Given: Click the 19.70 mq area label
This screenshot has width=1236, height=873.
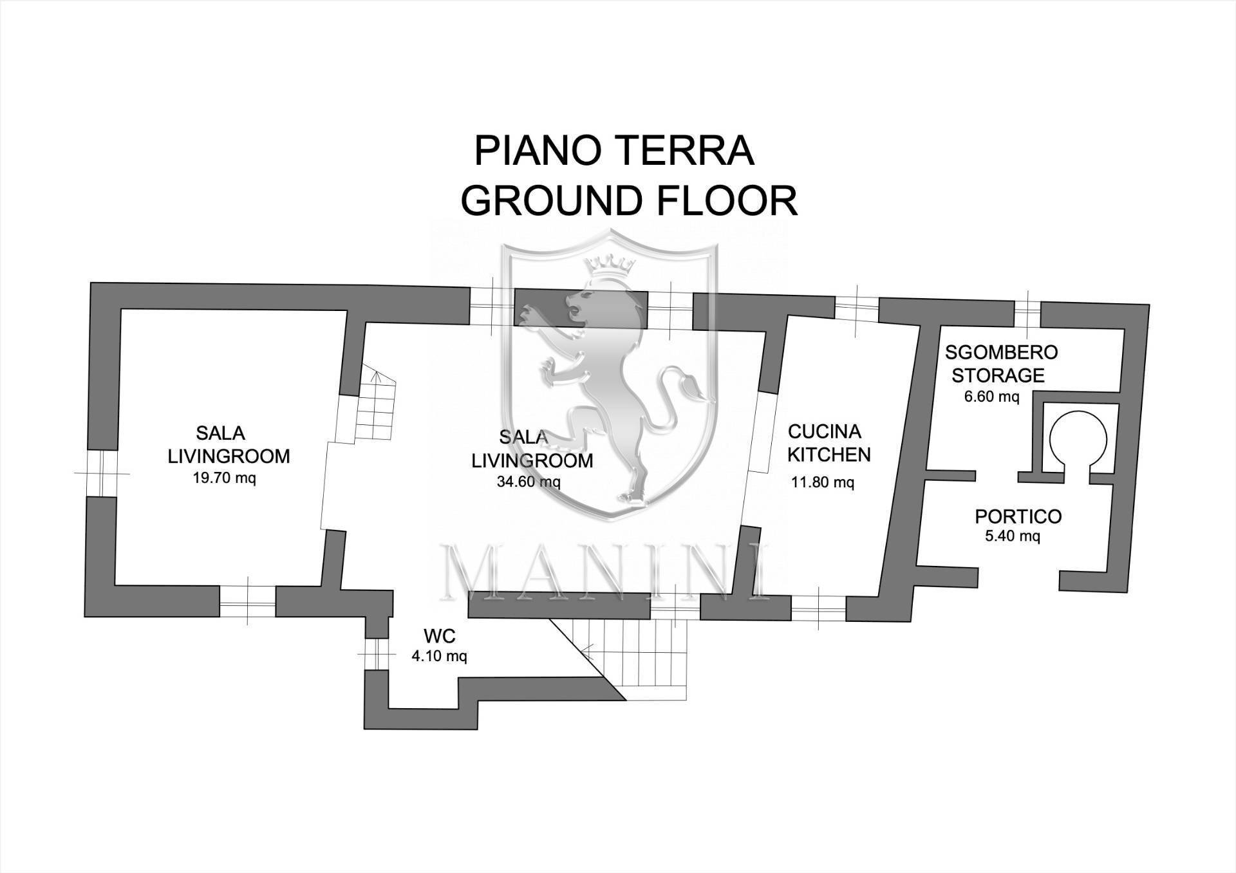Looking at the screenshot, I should click(224, 478).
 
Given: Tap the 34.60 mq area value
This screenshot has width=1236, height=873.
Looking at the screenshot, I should click(529, 482).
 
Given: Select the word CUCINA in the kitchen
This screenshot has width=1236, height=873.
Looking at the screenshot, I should click(824, 431).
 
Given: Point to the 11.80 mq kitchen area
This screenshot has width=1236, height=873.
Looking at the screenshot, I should click(822, 482).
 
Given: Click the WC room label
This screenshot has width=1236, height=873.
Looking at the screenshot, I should click(440, 637).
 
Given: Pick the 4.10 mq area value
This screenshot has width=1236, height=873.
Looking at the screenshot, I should click(439, 657).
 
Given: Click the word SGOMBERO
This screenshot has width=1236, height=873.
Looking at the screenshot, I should click(1001, 352).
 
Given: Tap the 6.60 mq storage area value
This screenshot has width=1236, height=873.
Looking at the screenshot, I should click(991, 397).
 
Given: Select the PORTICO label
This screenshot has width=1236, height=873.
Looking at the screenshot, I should click(1018, 516).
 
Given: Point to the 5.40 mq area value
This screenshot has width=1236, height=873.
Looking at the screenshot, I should click(1012, 536).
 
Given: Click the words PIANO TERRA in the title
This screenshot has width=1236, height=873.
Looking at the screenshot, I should click(614, 151).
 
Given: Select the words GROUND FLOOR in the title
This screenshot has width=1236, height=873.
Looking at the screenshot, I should click(629, 200).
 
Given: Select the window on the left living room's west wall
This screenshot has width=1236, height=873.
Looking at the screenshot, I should click(101, 473).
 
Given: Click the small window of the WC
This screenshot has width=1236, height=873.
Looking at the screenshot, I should click(377, 654).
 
